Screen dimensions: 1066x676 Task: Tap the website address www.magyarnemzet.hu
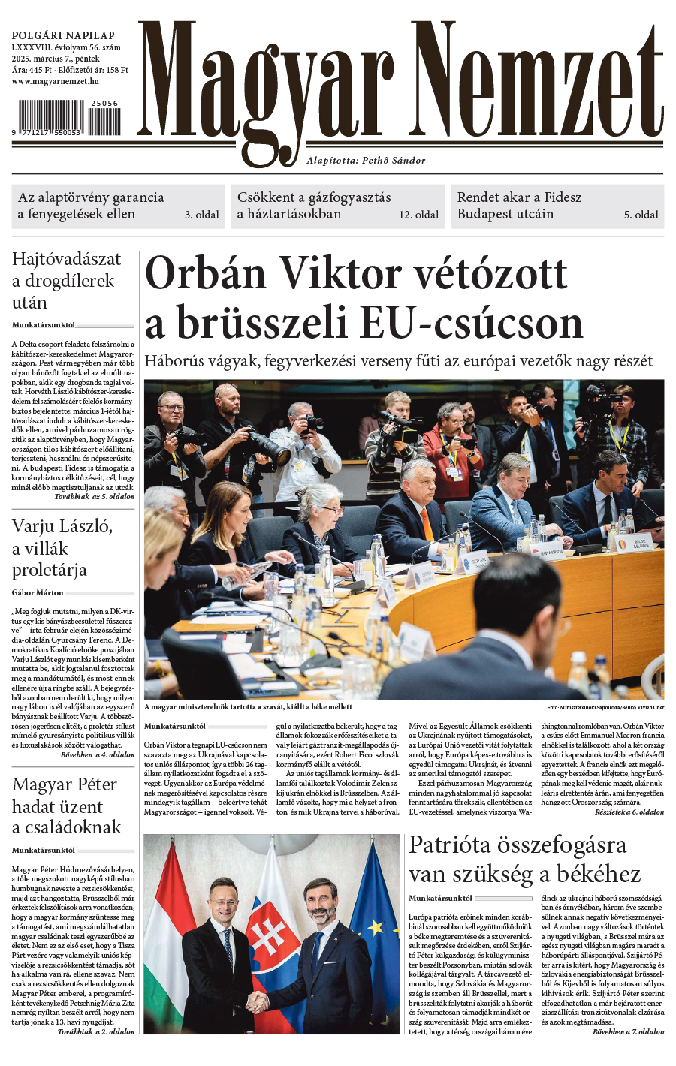click(x=55, y=81)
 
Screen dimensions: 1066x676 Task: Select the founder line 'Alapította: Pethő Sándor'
click(x=366, y=160)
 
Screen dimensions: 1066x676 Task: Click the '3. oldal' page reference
click(x=202, y=215)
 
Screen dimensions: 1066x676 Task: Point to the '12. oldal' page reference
click(x=418, y=215)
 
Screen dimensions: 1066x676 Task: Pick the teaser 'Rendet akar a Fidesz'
click(x=519, y=197)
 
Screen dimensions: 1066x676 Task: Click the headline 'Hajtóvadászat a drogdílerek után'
click(x=66, y=281)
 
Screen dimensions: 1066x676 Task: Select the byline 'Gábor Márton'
click(x=38, y=593)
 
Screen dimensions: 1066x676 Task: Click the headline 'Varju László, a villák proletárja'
click(x=62, y=548)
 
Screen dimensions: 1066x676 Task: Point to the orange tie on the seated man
click(x=426, y=522)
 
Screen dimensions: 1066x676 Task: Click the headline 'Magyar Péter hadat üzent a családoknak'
click(x=65, y=806)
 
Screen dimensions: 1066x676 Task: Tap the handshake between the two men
click(x=258, y=1000)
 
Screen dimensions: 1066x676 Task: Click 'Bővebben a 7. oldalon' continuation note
click(x=628, y=1031)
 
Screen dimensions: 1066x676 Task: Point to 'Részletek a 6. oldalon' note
click(x=629, y=812)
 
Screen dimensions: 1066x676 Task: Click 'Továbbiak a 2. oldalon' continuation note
click(x=95, y=1031)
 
